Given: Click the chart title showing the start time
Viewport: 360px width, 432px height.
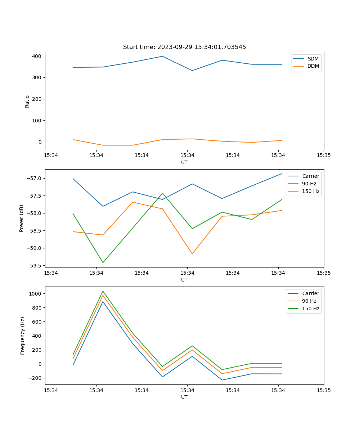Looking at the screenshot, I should (184, 47).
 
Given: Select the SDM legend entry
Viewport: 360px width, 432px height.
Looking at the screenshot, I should (313, 59).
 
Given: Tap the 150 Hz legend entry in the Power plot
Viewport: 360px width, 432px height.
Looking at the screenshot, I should (311, 191).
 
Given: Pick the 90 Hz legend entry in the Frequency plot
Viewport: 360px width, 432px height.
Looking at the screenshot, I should (309, 301).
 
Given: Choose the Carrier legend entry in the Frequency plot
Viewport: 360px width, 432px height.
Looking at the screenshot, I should (310, 293).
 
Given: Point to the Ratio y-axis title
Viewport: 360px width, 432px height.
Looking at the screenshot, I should (27, 101).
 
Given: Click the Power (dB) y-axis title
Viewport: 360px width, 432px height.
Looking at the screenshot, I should (22, 218).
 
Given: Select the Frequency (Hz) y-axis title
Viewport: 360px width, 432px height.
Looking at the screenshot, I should (23, 336).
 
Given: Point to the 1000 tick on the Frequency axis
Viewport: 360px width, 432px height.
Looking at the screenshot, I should (35, 294).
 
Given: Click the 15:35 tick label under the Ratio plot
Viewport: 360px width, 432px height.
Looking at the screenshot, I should (324, 156).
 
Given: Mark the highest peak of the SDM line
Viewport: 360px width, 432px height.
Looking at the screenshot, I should (162, 56).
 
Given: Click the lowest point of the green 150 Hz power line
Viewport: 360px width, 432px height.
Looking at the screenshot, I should (103, 262).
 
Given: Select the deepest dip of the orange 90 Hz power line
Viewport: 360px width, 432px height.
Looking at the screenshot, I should (192, 254).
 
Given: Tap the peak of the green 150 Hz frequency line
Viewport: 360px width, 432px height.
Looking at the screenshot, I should (103, 291).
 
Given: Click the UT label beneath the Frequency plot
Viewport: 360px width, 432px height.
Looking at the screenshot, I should (184, 397).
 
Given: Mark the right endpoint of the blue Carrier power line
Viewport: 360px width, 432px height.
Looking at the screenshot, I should (282, 174).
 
